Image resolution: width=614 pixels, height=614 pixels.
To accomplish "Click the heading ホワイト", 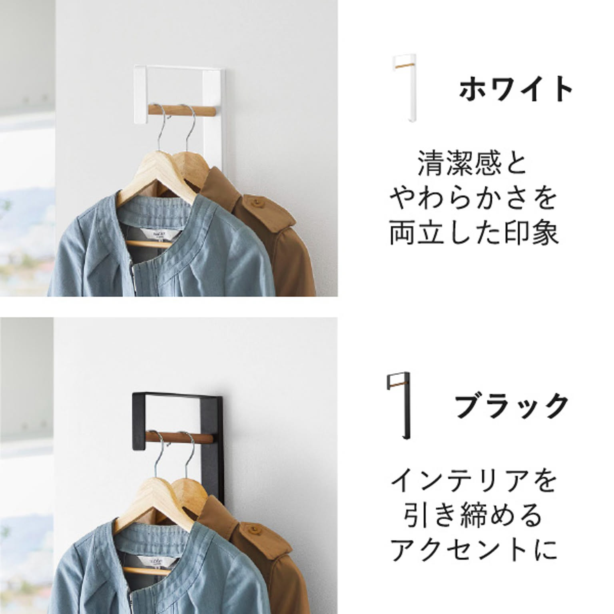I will click(516, 89).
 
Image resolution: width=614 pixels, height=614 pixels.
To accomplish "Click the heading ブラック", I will click(512, 406).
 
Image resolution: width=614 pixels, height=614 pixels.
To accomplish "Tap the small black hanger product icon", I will click(400, 406).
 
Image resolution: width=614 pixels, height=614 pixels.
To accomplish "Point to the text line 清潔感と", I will click(472, 163).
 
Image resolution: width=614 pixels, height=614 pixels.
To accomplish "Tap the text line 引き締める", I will click(473, 515).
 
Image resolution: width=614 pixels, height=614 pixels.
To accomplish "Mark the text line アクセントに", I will click(473, 550).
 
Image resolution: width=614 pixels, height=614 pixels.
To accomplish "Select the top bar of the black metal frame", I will click(178, 396).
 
